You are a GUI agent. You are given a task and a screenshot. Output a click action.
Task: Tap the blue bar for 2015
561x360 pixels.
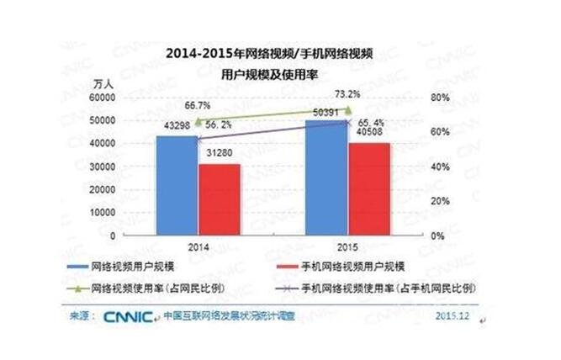[x=325, y=178]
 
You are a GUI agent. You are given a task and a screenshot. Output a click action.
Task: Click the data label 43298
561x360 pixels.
[x=178, y=127]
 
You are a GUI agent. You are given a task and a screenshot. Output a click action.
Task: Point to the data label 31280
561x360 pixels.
[x=221, y=153]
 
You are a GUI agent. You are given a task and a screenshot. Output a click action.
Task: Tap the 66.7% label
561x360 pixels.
[x=198, y=106]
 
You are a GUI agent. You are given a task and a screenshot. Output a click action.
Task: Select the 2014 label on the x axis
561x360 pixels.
[x=198, y=250]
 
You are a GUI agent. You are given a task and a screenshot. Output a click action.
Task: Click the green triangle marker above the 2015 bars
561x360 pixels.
[x=347, y=109]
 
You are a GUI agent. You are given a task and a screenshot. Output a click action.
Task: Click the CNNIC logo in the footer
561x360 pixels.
[x=129, y=317]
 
